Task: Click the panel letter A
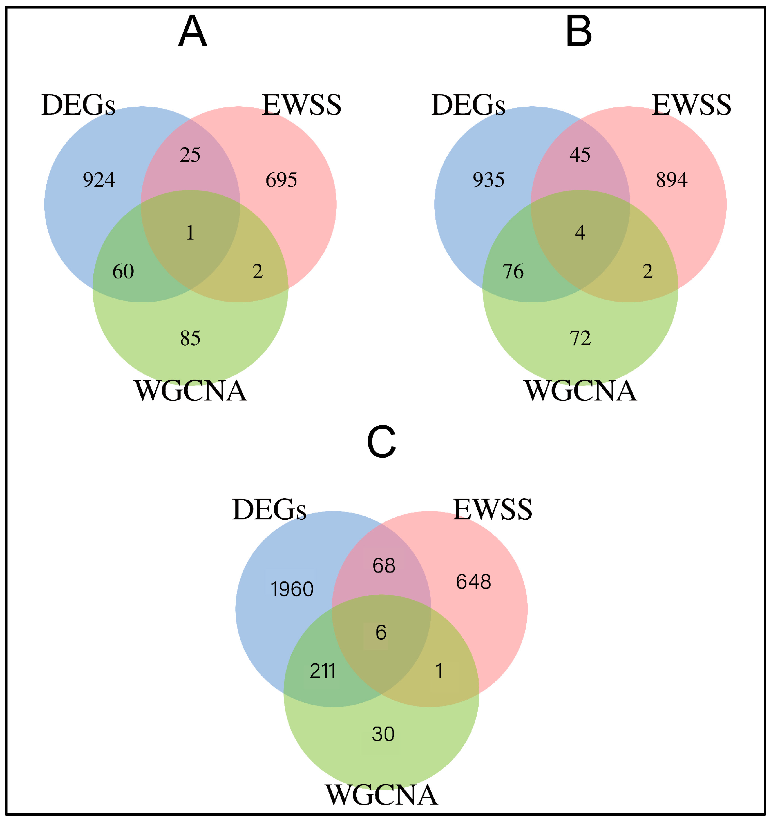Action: coord(192,31)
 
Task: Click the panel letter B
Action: coord(578,31)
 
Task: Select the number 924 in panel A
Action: coord(99,180)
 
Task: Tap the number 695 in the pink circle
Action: coord(281,180)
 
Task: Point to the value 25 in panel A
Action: coord(190,155)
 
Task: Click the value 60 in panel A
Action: coord(123,272)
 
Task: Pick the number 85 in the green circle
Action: coord(190,338)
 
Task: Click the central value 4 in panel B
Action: coord(580,233)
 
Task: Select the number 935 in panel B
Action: coord(489,180)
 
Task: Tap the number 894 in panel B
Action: coord(671,180)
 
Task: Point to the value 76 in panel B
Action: coord(513,272)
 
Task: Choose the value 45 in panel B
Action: coord(580,155)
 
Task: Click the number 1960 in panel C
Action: coord(292,589)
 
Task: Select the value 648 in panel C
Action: coord(473,582)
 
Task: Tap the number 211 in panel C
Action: coord(322,671)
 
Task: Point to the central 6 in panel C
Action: coord(381,633)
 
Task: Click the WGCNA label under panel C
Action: coord(381,794)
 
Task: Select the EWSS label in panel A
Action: coord(302,105)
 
